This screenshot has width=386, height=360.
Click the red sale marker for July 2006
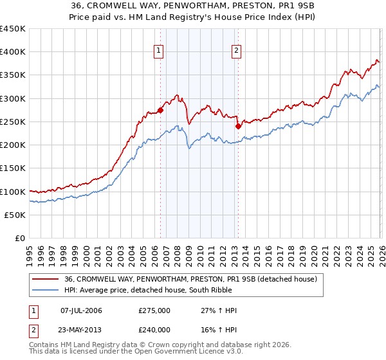tap(160, 110)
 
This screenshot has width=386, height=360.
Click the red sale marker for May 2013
tap(238, 126)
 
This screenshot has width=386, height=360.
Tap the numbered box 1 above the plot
tap(158, 51)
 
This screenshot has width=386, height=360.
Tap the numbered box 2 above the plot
tap(236, 51)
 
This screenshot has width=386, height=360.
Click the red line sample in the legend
tap(45, 280)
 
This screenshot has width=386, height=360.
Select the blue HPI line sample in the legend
tap(45, 290)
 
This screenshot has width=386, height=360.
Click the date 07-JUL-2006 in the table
tap(80, 310)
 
